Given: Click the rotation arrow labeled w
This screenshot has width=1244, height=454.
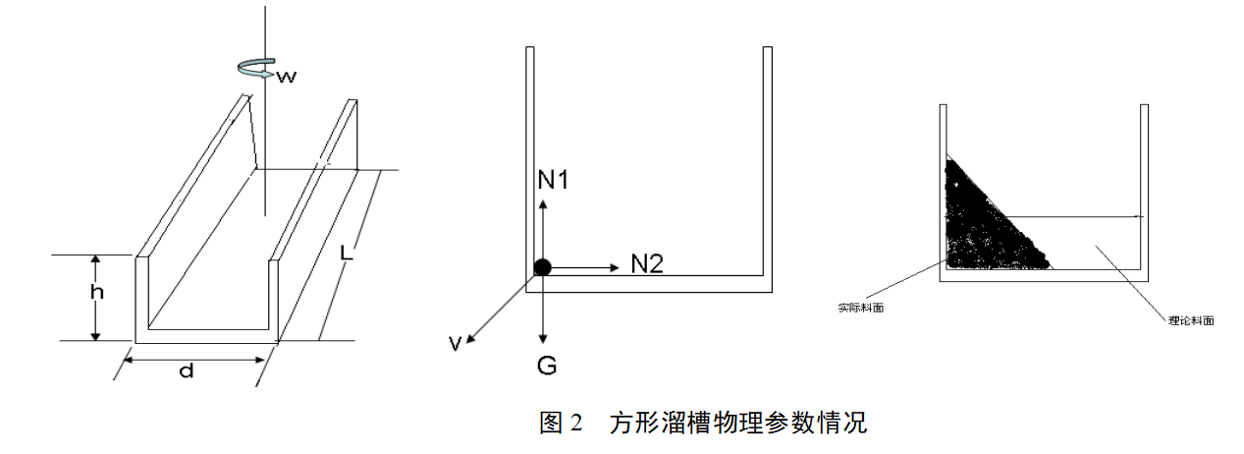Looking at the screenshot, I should pyautogui.click(x=257, y=68).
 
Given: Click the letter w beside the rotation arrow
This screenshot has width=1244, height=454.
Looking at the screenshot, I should pyautogui.click(x=286, y=75).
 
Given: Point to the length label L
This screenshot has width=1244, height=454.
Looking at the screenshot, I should pyautogui.click(x=346, y=253).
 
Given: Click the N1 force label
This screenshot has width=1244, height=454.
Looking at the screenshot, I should pyautogui.click(x=554, y=180).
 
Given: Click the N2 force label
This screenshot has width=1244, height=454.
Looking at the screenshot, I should pyautogui.click(x=646, y=263).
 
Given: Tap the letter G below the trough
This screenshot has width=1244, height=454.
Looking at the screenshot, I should pyautogui.click(x=547, y=367).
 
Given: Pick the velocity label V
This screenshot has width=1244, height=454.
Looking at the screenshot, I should pyautogui.click(x=456, y=343).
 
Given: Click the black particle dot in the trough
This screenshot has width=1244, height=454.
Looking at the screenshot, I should pyautogui.click(x=542, y=266).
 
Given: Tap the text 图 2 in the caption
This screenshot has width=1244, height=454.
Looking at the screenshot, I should pyautogui.click(x=562, y=425).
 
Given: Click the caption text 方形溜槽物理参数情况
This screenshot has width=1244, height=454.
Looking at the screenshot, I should pyautogui.click(x=737, y=425).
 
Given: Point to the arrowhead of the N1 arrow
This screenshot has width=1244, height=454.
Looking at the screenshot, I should pyautogui.click(x=542, y=200).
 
